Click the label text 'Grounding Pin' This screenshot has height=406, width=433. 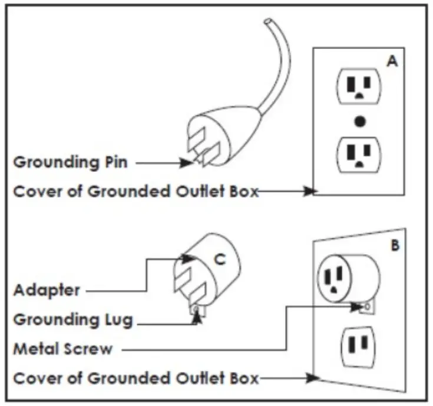[x=70, y=162]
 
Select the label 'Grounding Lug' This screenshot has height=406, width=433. [x=72, y=320]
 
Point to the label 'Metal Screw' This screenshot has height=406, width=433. [x=62, y=349]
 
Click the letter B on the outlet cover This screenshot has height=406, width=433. [x=394, y=244]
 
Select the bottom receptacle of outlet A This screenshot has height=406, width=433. [x=359, y=154]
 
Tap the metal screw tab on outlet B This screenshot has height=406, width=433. [x=366, y=307]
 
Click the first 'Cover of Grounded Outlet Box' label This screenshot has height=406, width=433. [x=135, y=191]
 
